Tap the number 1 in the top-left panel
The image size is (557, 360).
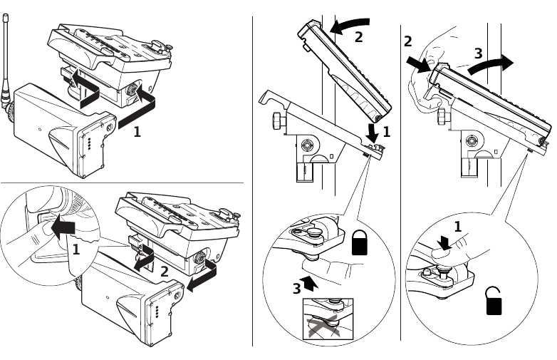pyautogui.click(x=137, y=132)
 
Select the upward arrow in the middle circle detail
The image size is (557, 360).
pyautogui.click(x=308, y=282)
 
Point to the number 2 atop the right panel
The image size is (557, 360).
pyautogui.click(x=408, y=41)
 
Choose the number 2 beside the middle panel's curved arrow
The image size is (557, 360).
pyautogui.click(x=358, y=36)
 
